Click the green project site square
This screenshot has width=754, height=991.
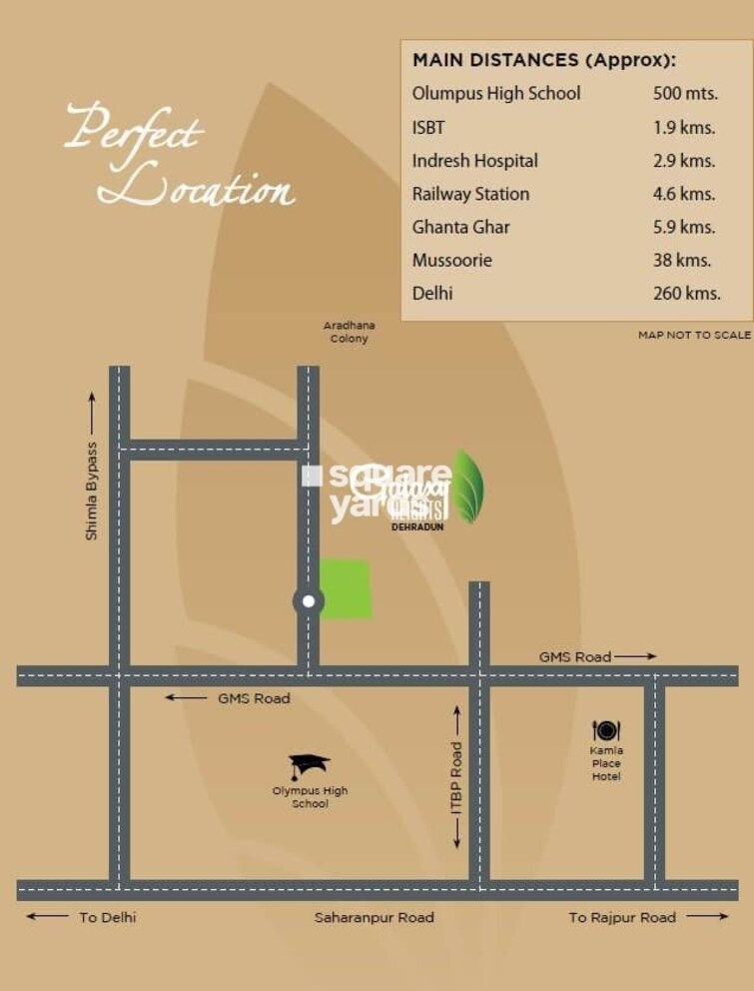(x=346, y=588)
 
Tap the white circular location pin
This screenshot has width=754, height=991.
(x=309, y=601)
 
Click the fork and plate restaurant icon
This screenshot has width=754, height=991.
(x=605, y=731)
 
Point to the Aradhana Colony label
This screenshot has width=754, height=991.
(x=348, y=332)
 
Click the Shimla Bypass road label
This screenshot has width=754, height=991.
(x=92, y=491)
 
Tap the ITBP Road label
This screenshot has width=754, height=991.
(x=457, y=777)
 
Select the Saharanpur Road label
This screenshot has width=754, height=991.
(x=375, y=917)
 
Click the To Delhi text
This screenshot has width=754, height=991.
(x=107, y=917)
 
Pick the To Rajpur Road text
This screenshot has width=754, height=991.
(x=622, y=917)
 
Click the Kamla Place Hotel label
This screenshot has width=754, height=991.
(x=606, y=763)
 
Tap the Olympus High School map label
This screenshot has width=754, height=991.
(x=310, y=797)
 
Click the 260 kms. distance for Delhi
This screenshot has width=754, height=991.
(x=687, y=293)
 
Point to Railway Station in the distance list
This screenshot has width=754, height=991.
(x=470, y=194)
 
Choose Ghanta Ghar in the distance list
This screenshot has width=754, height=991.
(x=460, y=227)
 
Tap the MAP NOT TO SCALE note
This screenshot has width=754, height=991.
(x=694, y=336)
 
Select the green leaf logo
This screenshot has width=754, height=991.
(x=467, y=487)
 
